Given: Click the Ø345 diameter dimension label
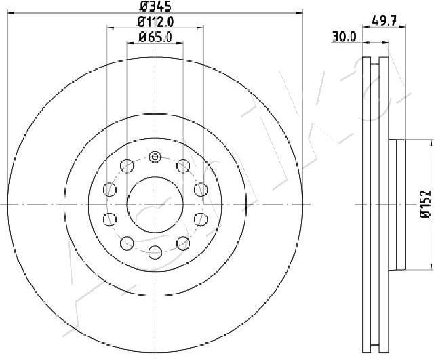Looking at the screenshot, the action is pos(155,6).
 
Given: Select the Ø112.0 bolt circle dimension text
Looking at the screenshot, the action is pos(155,22).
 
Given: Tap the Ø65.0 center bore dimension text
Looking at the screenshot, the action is pos(155,37).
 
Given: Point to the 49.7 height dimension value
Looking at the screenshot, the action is pos(384,20).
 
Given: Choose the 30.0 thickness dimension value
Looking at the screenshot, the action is pos(344,37).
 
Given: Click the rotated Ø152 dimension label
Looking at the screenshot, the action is pos(426,204).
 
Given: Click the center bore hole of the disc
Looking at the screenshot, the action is pos(155,205).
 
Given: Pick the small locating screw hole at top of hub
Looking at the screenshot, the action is pos(155,157).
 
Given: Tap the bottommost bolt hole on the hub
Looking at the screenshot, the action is pos(155,252).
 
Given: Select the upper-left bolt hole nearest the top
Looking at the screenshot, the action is pos(127,165).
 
